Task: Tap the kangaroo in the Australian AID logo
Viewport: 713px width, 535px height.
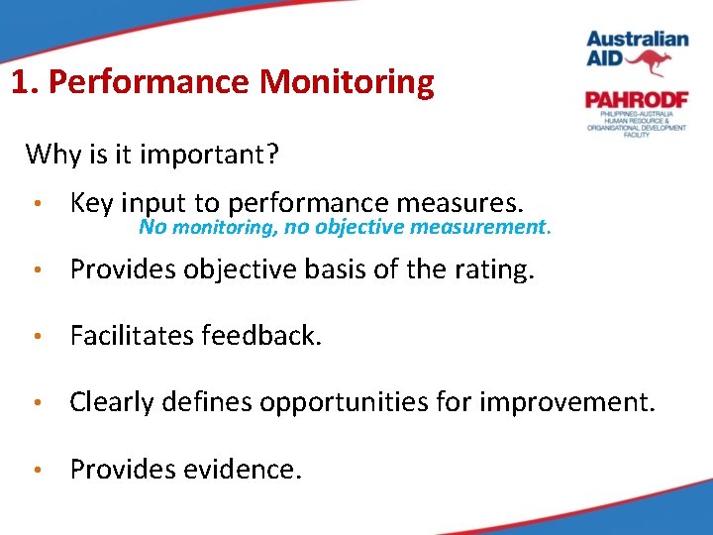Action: pyautogui.click(x=653, y=63)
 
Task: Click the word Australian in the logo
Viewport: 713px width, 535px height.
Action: pyautogui.click(x=637, y=40)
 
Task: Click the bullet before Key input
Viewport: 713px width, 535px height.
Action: pyautogui.click(x=36, y=205)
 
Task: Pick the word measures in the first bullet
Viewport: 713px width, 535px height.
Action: pyautogui.click(x=458, y=204)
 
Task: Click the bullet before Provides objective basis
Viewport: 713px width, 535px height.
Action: pyautogui.click(x=36, y=270)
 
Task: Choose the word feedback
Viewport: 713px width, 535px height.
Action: pyautogui.click(x=260, y=336)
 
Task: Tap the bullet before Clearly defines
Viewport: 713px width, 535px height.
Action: pyautogui.click(x=36, y=403)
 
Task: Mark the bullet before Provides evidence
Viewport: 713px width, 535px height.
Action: pyautogui.click(x=36, y=470)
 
